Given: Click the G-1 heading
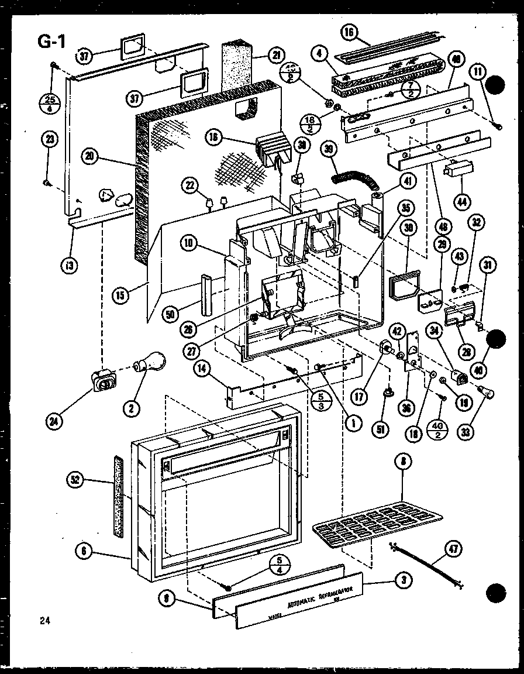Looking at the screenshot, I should point(51,42).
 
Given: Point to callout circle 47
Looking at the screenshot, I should point(454,549).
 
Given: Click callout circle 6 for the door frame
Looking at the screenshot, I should point(85,549).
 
